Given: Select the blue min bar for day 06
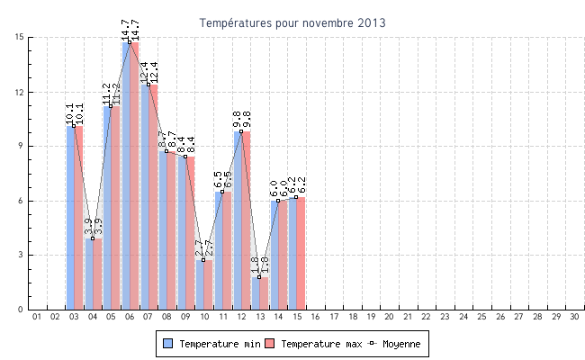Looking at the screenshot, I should (x=127, y=180).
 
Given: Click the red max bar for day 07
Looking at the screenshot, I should (x=154, y=198).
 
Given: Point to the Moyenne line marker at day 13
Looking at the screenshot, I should (x=260, y=277).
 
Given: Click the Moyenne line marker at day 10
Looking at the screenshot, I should (x=204, y=260).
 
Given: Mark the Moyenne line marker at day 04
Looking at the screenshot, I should (x=93, y=238).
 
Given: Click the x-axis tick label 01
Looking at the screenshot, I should (x=37, y=317).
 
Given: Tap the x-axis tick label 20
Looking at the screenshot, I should (x=390, y=317).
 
